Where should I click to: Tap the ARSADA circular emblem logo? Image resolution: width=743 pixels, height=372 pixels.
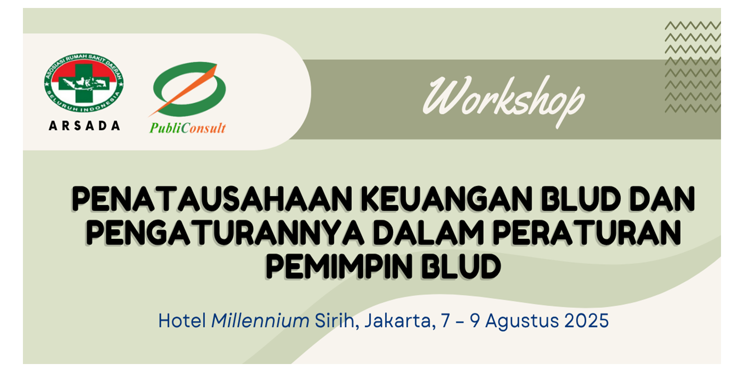[x=84, y=83]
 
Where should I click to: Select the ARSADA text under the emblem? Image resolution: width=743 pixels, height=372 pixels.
[x=84, y=126]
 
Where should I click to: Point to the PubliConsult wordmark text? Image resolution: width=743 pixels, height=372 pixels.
[x=188, y=128]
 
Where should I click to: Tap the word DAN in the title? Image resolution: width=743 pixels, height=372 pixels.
[x=662, y=199]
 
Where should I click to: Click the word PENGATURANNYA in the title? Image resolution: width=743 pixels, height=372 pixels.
[x=225, y=232]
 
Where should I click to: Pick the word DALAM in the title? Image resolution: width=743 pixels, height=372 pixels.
[x=429, y=232]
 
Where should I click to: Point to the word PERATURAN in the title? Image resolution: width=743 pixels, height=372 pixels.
[x=587, y=232]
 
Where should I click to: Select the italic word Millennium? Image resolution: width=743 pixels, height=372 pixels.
[x=261, y=321]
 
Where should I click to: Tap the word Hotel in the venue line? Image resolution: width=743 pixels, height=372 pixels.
[x=182, y=321]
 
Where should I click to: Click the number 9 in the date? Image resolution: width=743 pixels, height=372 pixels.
[x=474, y=321]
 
